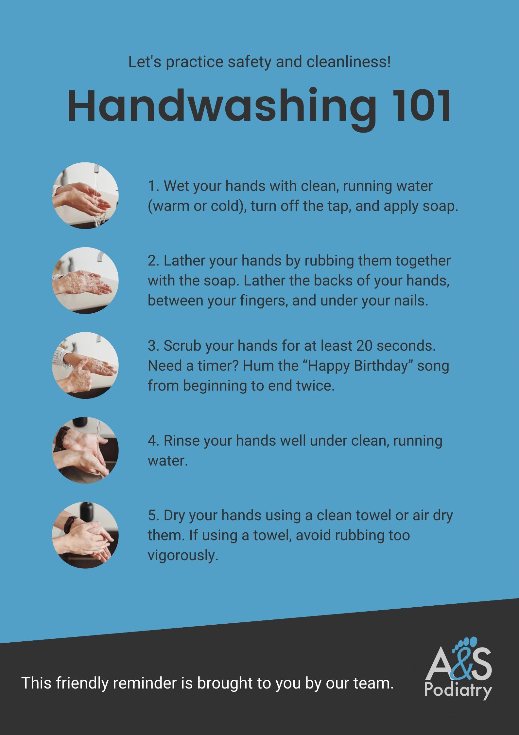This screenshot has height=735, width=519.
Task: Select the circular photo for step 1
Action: pyautogui.click(x=85, y=196)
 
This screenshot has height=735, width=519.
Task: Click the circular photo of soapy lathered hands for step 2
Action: pyautogui.click(x=85, y=281)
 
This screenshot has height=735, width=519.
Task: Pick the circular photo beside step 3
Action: pyautogui.click(x=85, y=365)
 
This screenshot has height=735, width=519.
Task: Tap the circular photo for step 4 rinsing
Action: pyautogui.click(x=85, y=450)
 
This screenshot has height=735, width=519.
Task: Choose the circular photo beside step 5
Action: pyautogui.click(x=85, y=535)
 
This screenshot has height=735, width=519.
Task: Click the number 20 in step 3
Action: pyautogui.click(x=364, y=346)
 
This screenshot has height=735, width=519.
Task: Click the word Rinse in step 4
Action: pyautogui.click(x=181, y=441)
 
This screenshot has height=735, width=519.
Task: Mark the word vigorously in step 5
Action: pyautogui.click(x=182, y=555)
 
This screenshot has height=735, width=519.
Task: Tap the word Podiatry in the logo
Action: pyautogui.click(x=458, y=690)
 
